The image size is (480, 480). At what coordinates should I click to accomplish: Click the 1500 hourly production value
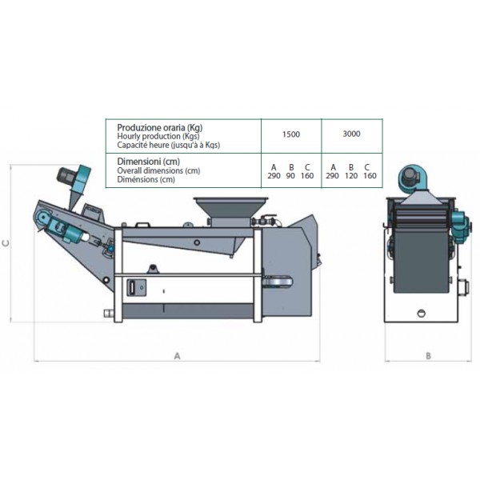click(291, 134)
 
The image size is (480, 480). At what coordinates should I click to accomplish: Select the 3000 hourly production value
click(351, 134)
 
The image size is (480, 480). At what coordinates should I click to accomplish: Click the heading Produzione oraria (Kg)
click(160, 127)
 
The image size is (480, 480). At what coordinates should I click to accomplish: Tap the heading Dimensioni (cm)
click(149, 162)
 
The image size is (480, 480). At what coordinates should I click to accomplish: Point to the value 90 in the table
click(290, 176)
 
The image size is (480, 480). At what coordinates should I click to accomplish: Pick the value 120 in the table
click(351, 176)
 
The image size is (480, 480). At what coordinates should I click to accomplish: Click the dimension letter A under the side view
click(177, 356)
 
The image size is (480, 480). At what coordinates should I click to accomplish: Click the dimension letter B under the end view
click(428, 356)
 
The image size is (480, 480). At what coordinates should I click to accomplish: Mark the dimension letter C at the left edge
click(6, 243)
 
